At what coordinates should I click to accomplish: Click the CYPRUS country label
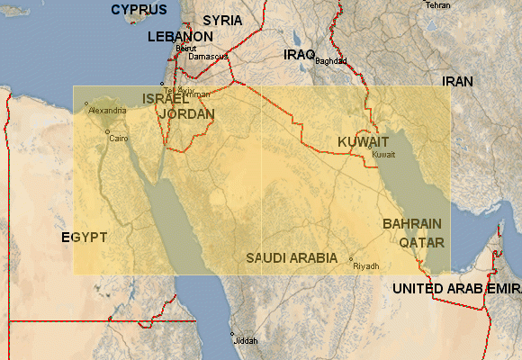coord(139,10)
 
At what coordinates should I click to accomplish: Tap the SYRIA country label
coord(221,20)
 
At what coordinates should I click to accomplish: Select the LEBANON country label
coord(181,37)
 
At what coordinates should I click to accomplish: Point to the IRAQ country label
coord(299,55)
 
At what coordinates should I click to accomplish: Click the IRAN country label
coord(457,82)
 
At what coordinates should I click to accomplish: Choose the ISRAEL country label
coord(166,98)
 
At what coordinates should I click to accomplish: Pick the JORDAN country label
coord(186,114)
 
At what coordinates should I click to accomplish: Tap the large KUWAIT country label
coord(363,142)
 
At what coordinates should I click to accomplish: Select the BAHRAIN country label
coord(412,223)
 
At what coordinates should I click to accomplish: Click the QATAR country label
coord(420,243)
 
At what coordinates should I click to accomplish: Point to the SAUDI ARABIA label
coord(292,257)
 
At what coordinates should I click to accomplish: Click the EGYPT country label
coord(85,238)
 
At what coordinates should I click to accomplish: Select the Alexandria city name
coord(107,111)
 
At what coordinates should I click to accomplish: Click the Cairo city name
coord(119,139)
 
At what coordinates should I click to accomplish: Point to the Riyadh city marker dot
coord(351,259)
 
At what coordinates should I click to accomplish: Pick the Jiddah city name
coord(246,342)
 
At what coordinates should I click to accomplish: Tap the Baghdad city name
coord(331,61)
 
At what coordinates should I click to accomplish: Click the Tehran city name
coord(437,5)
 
